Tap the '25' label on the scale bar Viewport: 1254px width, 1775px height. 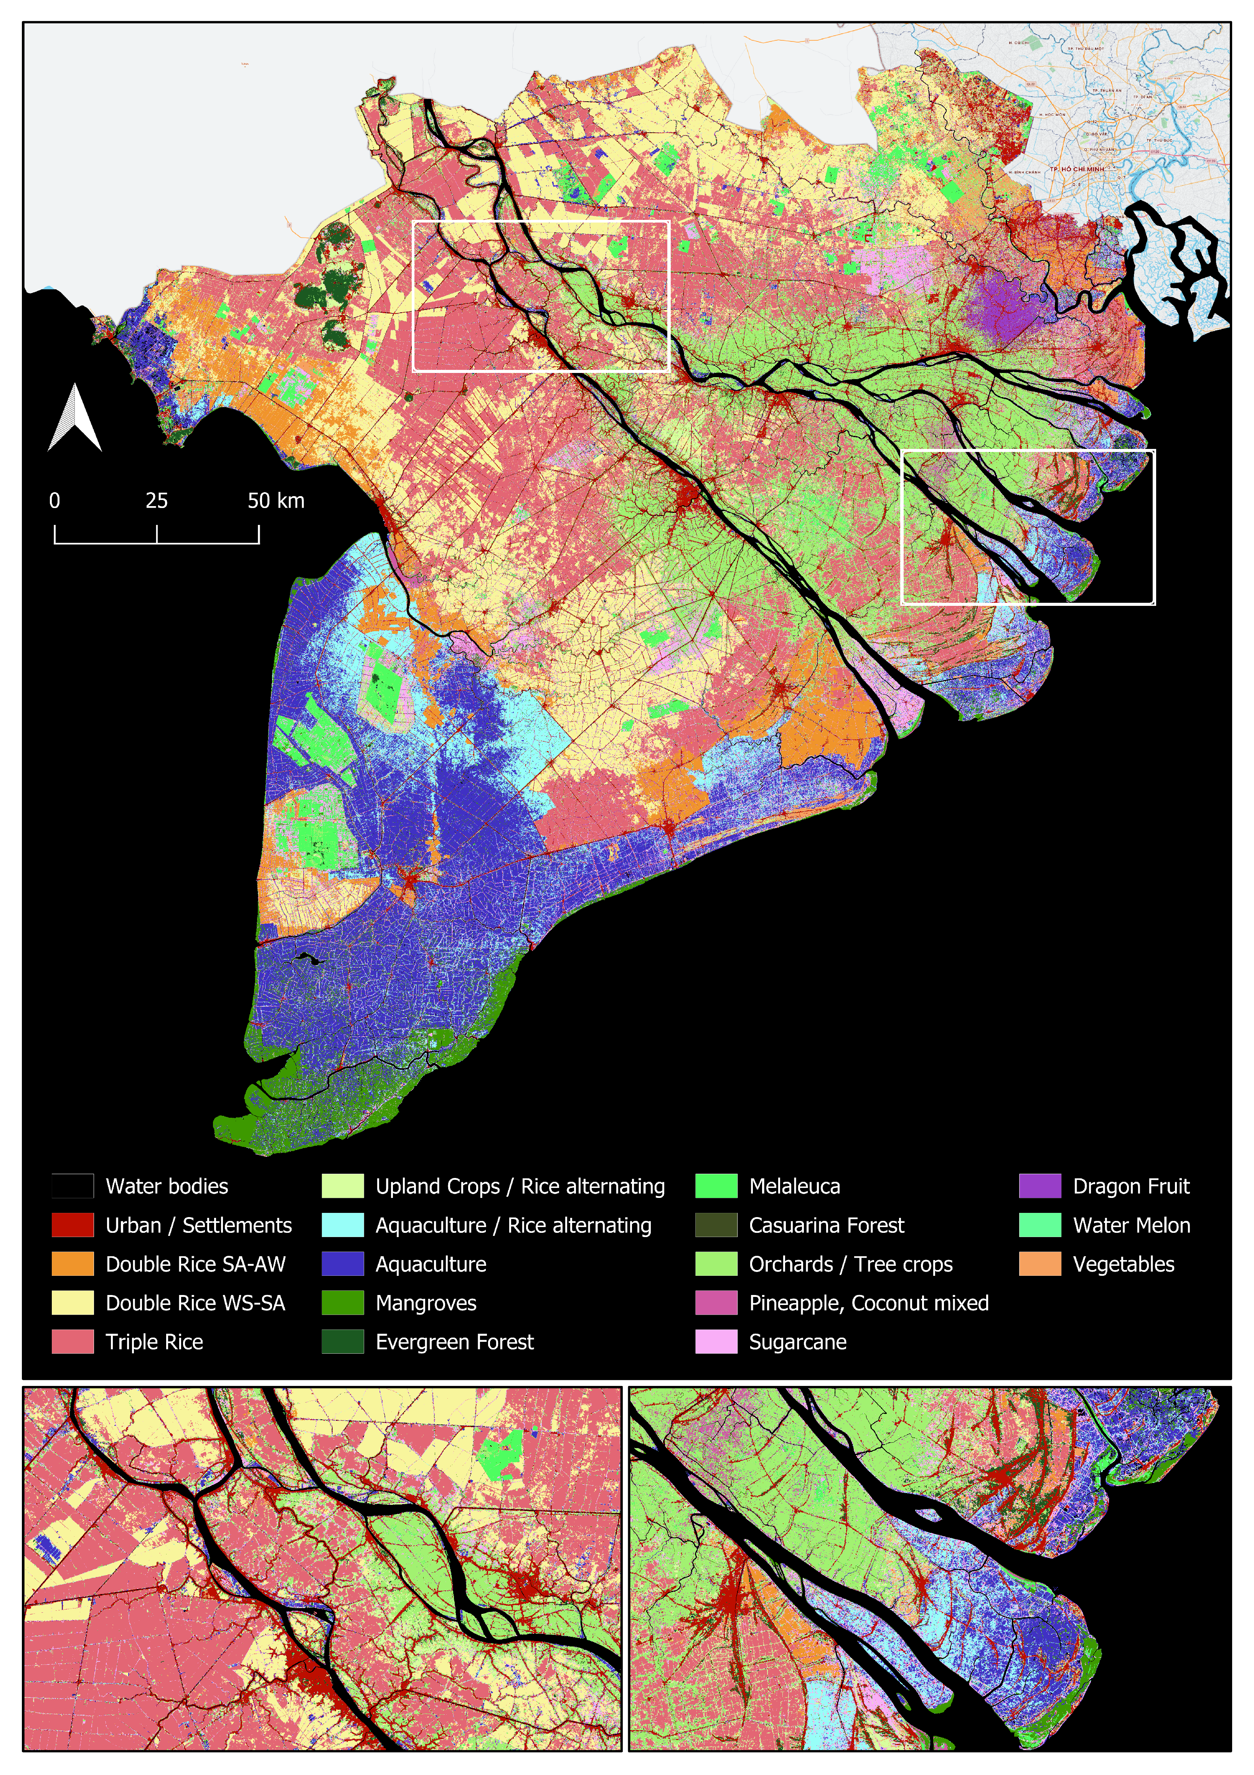156,501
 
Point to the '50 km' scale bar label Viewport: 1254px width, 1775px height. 276,501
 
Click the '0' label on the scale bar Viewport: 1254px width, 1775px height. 54,501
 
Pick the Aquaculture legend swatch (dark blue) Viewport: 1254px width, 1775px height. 343,1264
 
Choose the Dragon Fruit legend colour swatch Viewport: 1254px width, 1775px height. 1040,1186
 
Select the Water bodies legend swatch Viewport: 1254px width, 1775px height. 73,1186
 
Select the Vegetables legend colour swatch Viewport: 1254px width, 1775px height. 1040,1264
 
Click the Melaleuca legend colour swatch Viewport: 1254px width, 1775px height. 716,1186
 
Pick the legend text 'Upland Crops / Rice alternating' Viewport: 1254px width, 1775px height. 520,1186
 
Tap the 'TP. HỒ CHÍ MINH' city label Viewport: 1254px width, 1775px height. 1077,168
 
